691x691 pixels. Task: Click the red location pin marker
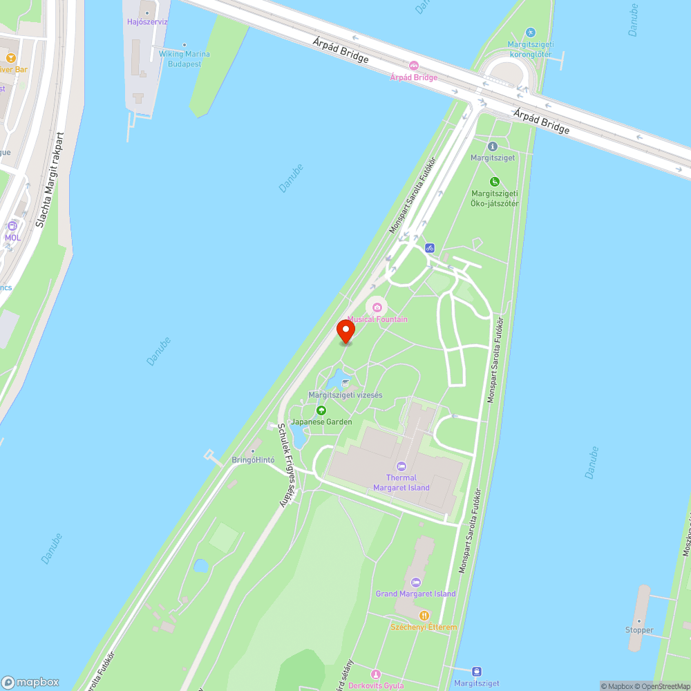tap(345, 331)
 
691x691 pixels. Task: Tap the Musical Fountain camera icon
tap(377, 307)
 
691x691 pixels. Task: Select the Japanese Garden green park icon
tap(321, 410)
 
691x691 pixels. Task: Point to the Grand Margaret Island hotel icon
tap(415, 582)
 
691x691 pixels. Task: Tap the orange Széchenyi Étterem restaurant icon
tap(424, 615)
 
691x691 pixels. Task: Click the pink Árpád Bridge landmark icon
tap(414, 66)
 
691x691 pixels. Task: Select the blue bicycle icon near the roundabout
tap(430, 247)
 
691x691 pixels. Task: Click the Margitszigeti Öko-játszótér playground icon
tap(495, 182)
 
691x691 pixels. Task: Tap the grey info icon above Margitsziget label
tap(493, 146)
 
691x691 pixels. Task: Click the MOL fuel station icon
tap(12, 226)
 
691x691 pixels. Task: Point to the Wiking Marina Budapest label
tap(184, 58)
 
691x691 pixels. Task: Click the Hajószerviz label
tap(147, 22)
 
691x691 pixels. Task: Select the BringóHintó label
tap(253, 460)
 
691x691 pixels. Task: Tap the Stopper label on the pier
tap(639, 630)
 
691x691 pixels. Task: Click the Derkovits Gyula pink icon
tap(376, 674)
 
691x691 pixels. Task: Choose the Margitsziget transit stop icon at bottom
tap(477, 671)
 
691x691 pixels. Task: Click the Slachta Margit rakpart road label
tap(50, 180)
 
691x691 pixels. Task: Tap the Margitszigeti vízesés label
tap(345, 395)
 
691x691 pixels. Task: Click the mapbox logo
tap(30, 682)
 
